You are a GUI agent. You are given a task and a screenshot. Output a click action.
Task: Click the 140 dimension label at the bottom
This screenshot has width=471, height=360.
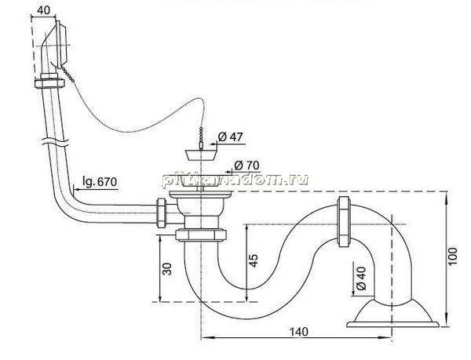coord(299,332)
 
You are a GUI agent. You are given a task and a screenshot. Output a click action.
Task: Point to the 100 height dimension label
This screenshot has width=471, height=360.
coord(452,256)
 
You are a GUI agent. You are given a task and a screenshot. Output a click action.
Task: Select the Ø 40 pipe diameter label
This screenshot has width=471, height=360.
coord(360,278)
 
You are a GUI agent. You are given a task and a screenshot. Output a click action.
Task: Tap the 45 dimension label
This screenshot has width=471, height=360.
coord(254,260)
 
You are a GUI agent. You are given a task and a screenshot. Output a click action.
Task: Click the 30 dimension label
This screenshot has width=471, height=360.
coord(167,269)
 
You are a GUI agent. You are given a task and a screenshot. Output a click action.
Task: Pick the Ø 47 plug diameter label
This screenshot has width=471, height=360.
coord(230,137)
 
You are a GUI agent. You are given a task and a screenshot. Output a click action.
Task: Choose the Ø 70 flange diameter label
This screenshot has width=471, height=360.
coord(246,165)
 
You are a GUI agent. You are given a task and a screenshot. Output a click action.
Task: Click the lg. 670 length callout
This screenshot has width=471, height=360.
coord(100,182)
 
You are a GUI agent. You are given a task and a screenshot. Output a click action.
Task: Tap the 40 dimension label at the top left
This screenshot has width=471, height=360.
coord(44,10)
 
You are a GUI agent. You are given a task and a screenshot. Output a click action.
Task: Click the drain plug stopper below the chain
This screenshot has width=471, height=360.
coord(199,155)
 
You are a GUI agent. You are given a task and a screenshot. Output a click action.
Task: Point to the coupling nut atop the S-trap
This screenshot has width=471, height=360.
coord(344,222)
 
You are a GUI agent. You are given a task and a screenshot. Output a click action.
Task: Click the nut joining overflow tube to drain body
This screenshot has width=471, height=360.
coord(161,213)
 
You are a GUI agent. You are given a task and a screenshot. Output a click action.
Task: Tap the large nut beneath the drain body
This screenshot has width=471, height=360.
coord(201,235)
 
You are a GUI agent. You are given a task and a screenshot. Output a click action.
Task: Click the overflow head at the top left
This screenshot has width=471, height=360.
coord(55,45)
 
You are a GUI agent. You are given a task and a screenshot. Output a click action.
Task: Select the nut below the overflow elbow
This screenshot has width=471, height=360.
coord(49,83)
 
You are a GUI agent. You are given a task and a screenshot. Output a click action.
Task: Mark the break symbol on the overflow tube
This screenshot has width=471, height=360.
coord(54,141)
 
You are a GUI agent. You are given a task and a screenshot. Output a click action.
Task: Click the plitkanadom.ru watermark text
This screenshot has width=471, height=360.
coord(235,180)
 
